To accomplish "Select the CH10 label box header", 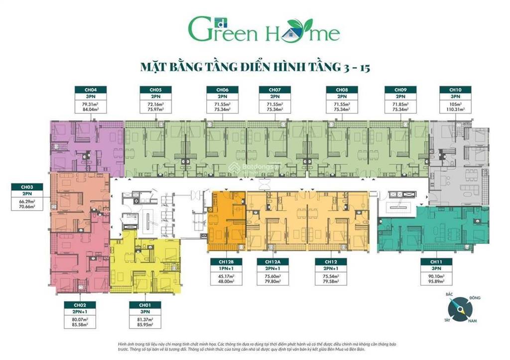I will click(452, 90).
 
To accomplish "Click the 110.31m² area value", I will click(452, 109).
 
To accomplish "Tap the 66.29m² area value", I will click(26, 200).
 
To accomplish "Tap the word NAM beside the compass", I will click(472, 321).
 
